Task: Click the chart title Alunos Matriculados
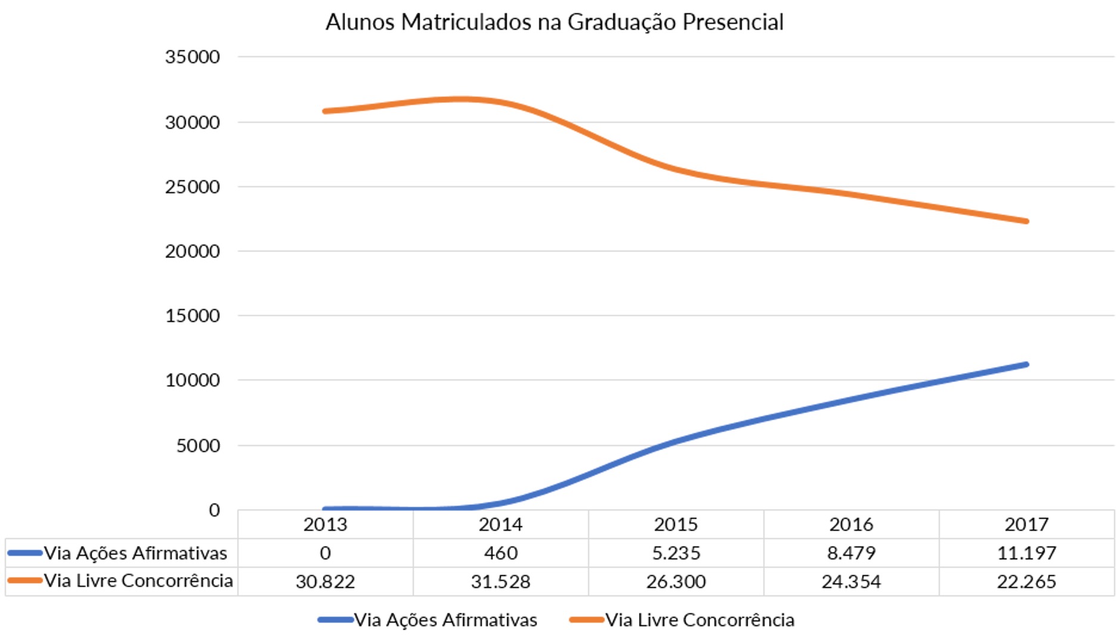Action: [553, 22]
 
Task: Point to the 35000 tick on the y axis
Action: [192, 57]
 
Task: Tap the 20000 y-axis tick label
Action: [192, 251]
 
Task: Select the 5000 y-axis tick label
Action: [198, 446]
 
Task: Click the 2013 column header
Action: [325, 524]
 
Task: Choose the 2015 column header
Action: [676, 524]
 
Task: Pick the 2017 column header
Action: [1026, 524]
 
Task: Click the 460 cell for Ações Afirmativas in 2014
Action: [500, 553]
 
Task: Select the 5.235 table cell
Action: [676, 553]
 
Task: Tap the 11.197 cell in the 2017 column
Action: [1026, 553]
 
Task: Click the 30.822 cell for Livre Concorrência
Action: [325, 582]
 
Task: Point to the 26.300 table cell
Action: [676, 582]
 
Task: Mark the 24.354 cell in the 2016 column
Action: [851, 582]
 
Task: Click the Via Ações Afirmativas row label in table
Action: [135, 553]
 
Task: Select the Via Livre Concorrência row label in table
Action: [138, 581]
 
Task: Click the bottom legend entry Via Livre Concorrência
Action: [700, 620]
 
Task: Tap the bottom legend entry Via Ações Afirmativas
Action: [445, 620]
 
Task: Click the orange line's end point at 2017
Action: [1026, 221]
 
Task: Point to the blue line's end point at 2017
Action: [1026, 364]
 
